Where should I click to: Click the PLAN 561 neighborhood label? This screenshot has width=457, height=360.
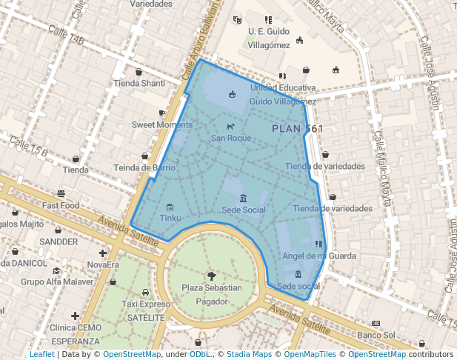tap(297, 129)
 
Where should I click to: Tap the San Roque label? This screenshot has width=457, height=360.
tap(231, 138)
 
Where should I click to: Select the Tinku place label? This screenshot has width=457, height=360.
tap(170, 218)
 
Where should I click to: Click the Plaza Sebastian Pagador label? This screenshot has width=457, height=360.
tap(212, 294)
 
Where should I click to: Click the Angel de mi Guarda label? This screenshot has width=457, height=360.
tap(314, 256)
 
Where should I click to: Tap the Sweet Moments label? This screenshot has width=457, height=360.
tap(161, 124)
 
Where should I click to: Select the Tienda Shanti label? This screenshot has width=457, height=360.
tap(139, 83)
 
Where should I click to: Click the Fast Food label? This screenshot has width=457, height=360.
tap(61, 205)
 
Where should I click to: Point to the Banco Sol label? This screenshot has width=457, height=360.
tap(376, 336)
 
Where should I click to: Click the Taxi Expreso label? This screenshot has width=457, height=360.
tap(145, 304)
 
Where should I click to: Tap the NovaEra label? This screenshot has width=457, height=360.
tap(103, 264)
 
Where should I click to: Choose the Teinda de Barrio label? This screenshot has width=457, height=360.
tap(144, 167)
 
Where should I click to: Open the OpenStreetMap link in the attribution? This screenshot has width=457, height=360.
tap(132, 354)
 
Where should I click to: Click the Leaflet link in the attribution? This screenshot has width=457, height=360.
tap(41, 354)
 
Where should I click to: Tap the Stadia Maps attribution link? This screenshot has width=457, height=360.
tap(249, 354)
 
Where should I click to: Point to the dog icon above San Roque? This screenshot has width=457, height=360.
tap(230, 127)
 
